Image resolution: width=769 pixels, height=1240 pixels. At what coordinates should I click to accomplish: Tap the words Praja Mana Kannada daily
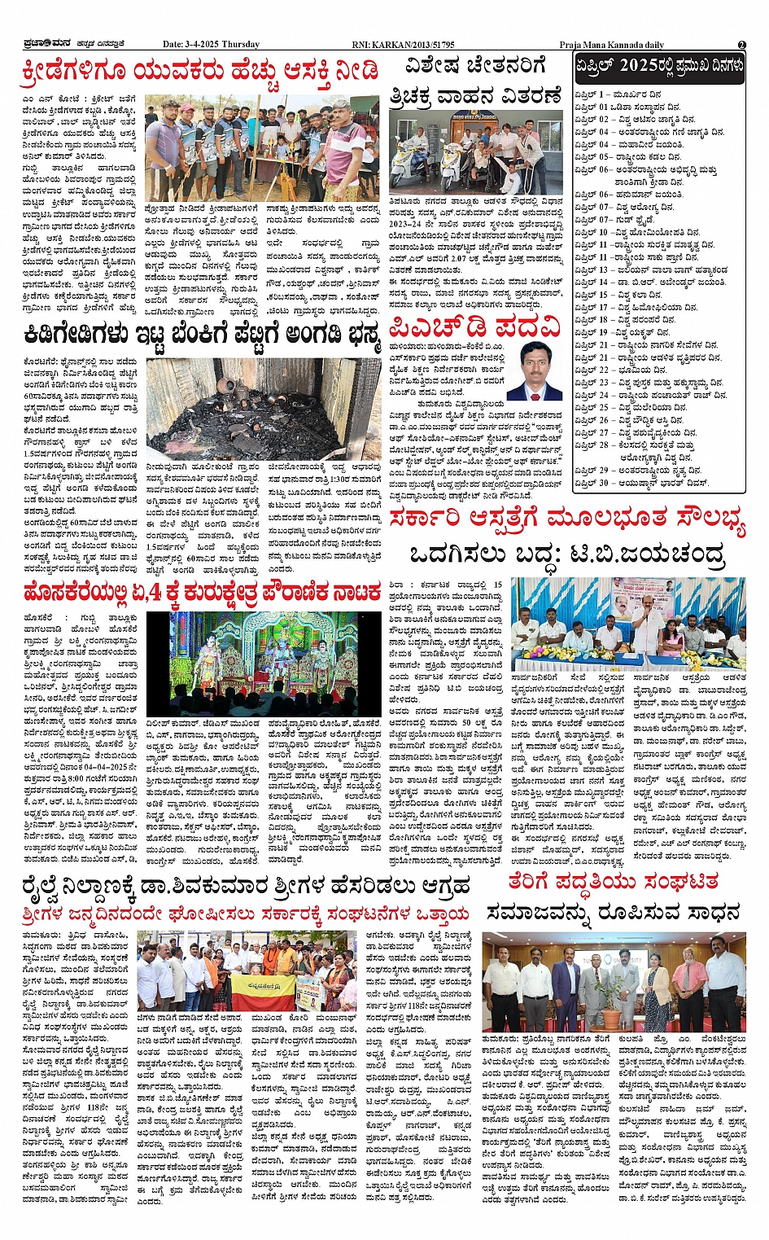point(611,45)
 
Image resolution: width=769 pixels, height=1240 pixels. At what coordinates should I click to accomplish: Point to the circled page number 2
point(741,45)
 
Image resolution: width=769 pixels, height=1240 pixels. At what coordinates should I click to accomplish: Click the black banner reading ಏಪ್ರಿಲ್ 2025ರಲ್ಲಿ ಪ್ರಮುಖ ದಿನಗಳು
point(659,66)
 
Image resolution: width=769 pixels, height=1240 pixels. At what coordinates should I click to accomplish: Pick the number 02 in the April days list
point(604,119)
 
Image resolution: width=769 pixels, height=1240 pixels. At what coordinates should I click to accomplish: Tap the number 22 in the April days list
point(604,370)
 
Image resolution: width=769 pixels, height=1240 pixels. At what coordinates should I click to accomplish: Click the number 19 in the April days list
point(604,332)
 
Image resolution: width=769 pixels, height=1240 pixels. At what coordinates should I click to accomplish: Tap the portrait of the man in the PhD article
point(534,370)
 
